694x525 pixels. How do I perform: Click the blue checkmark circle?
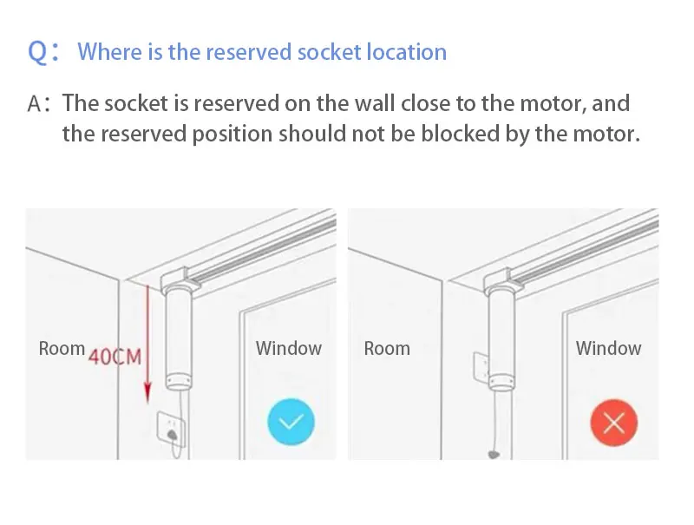289,423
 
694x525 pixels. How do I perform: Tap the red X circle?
613,423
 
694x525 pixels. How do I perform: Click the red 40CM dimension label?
115,357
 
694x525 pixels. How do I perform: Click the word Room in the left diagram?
62,349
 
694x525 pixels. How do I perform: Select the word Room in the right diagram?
387,349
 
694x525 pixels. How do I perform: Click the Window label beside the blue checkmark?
288,349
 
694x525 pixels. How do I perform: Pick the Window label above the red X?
608,349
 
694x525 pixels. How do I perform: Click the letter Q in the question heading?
37,52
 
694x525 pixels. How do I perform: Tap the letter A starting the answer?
36,104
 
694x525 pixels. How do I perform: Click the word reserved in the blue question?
247,52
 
